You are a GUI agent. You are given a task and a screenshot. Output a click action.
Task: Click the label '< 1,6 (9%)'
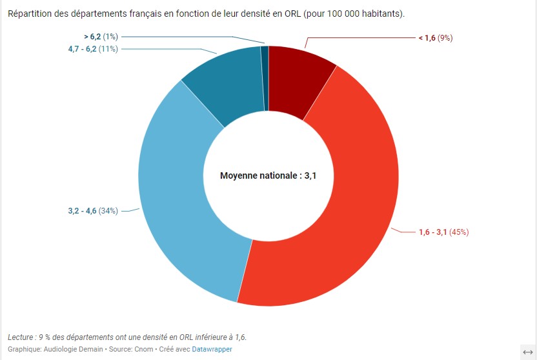(x=436, y=38)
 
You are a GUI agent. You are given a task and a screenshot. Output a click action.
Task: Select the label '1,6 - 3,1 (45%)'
(x=443, y=232)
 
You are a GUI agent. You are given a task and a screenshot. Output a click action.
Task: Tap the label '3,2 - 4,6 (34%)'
(x=93, y=211)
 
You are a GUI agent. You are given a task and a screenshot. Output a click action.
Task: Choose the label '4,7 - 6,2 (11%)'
(x=93, y=49)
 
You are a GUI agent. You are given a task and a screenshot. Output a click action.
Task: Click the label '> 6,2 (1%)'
(x=100, y=37)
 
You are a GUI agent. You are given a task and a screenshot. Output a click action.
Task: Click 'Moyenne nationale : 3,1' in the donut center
(x=268, y=175)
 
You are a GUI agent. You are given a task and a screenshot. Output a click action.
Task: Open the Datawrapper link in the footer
(x=212, y=349)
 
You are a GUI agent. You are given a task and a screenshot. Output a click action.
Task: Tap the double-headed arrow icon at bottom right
(x=527, y=351)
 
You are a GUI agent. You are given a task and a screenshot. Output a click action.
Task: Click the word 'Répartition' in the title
(x=29, y=14)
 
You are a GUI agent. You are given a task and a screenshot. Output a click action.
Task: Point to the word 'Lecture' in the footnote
(x=22, y=337)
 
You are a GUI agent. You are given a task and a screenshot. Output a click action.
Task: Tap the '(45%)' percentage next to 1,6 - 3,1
(x=459, y=232)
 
